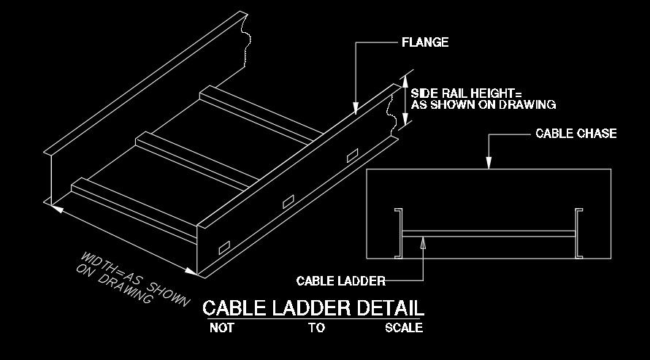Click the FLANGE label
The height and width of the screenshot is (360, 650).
[425, 42]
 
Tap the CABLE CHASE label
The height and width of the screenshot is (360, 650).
[576, 134]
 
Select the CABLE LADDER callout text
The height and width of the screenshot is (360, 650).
[340, 280]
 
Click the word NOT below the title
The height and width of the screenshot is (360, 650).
[222, 328]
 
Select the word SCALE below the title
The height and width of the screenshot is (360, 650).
[404, 328]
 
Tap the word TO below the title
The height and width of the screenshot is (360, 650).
[316, 328]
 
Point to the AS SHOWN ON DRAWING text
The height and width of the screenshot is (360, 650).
[483, 104]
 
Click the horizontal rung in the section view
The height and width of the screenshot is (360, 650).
[488, 234]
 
